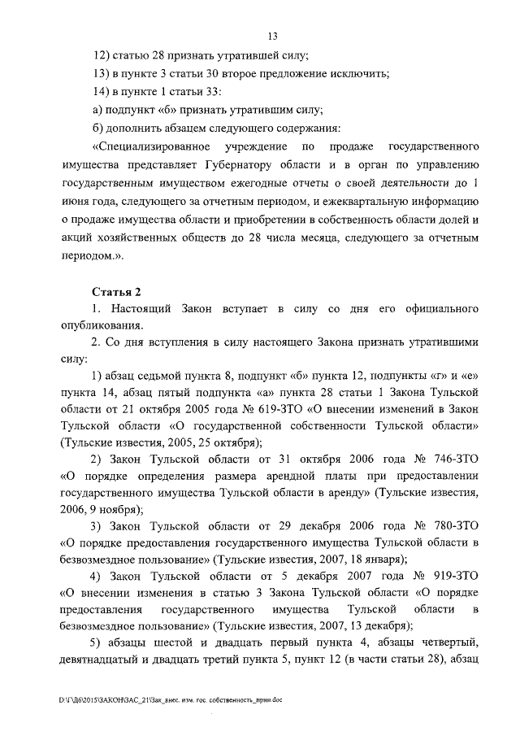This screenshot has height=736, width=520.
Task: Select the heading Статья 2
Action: point(116,292)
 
